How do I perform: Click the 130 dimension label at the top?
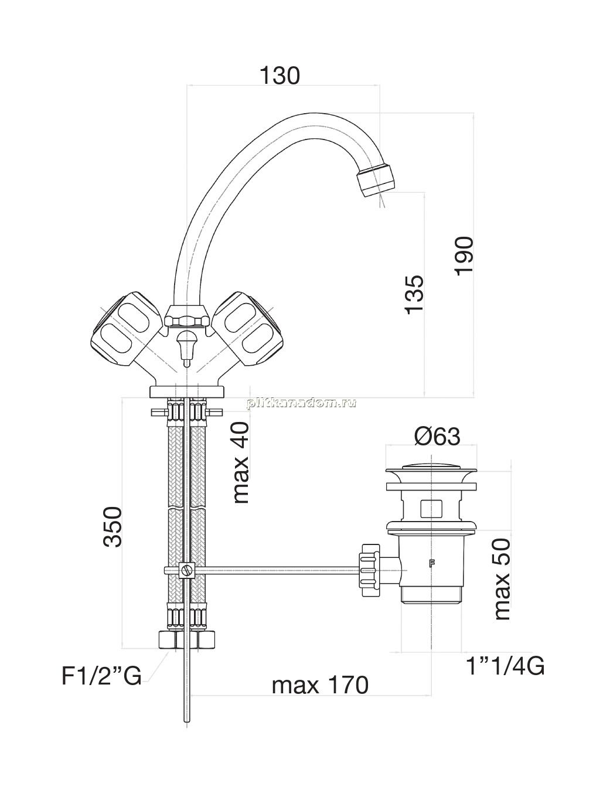280,76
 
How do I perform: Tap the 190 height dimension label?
464,256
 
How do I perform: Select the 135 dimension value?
414,295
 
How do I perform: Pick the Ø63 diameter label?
437,437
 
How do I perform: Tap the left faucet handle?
127,329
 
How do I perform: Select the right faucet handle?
248,329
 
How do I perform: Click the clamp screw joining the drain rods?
186,570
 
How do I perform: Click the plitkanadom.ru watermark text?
302,403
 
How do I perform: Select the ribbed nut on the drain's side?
370,570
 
